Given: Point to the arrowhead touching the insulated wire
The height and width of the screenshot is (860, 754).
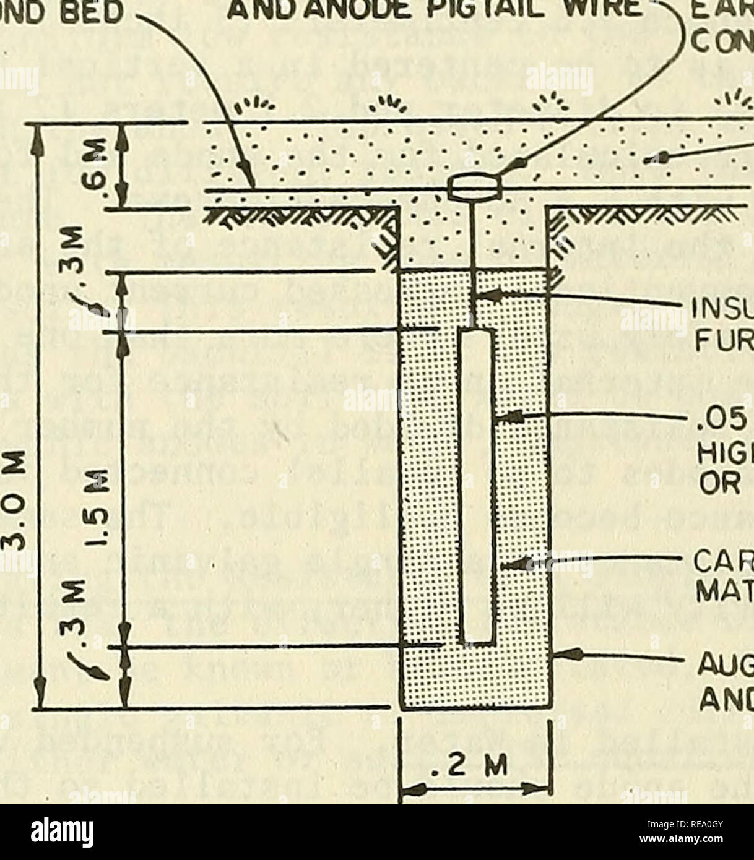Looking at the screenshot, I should point(485,296).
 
